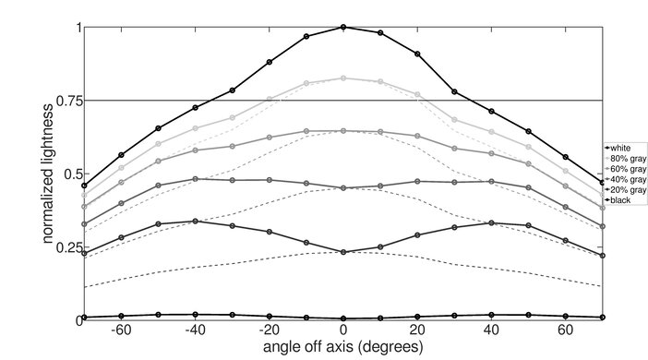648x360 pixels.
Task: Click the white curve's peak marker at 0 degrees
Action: click(x=343, y=28)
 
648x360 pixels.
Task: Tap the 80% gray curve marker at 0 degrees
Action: click(x=343, y=78)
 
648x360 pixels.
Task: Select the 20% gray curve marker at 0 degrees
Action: click(x=343, y=251)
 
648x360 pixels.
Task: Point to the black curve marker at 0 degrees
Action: click(x=343, y=318)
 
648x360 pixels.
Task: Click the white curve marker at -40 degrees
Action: click(x=195, y=107)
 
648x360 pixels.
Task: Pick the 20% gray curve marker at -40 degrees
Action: click(x=195, y=221)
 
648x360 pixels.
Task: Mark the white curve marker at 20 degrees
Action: click(x=417, y=54)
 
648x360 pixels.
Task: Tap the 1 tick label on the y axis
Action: click(x=77, y=28)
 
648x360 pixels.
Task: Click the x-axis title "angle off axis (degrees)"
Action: click(x=342, y=349)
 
